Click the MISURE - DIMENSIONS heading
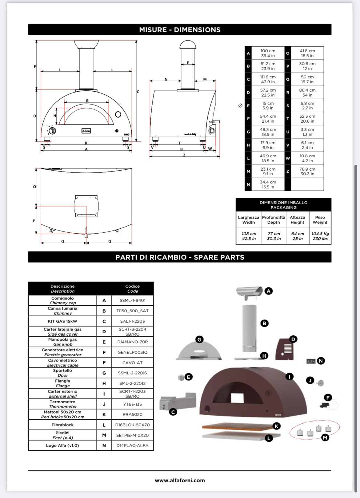[180, 30]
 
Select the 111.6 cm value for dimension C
[268, 79]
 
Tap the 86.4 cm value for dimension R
[307, 93]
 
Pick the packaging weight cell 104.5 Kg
[320, 236]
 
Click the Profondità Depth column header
[274, 220]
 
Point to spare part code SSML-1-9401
[132, 300]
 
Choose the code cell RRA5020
[132, 414]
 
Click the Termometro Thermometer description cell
[63, 404]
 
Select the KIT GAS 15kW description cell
[63, 321]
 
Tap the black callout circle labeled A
[269, 291]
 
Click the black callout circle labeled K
[276, 426]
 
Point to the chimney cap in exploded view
[249, 291]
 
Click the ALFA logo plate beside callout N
[311, 361]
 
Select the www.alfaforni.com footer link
[180, 480]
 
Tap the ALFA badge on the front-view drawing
[86, 131]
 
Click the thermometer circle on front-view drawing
[118, 114]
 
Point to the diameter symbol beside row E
[240, 105]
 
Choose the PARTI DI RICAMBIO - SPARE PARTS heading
[180, 257]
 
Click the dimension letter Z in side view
[184, 155]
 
